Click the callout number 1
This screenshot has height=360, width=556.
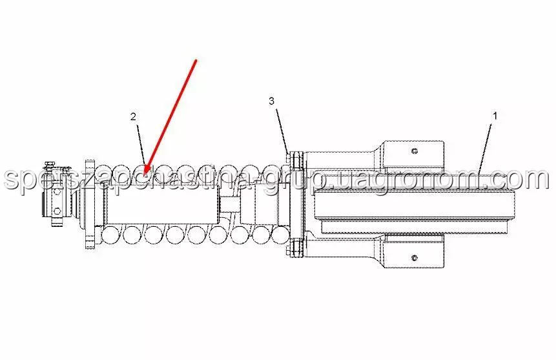[495, 116]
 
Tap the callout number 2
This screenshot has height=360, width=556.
[133, 117]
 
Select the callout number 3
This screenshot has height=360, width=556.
[272, 101]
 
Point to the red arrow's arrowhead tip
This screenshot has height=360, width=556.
[145, 173]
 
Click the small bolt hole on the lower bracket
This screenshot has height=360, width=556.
[414, 259]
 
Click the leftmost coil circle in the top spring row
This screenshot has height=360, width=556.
[120, 173]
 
